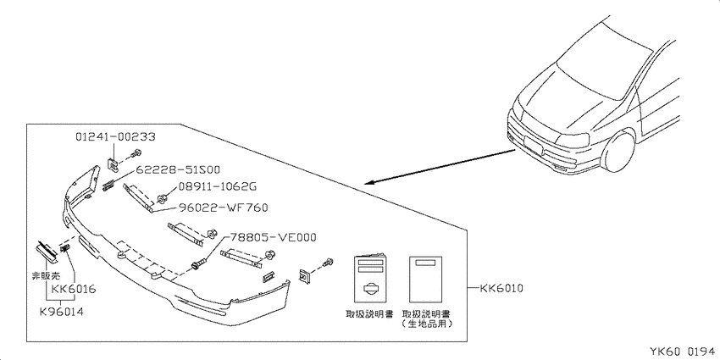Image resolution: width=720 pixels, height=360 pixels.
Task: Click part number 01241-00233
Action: [115, 136]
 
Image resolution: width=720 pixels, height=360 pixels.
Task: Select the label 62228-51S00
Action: [177, 169]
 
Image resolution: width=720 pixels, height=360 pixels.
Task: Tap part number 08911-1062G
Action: [215, 187]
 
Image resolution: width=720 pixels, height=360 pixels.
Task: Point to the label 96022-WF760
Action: [221, 208]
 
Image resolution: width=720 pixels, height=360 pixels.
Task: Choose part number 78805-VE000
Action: [273, 237]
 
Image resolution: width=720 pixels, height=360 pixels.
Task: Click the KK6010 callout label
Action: [501, 289]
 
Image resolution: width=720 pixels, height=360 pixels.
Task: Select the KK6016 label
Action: [74, 290]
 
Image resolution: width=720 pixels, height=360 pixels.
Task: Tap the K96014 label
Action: [61, 312]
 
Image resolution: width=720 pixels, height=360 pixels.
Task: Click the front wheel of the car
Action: [619, 148]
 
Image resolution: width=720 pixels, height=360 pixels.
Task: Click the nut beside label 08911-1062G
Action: [162, 200]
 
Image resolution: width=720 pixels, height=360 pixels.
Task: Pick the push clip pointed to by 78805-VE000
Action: [197, 266]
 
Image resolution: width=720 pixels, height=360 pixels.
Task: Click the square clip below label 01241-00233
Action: [113, 163]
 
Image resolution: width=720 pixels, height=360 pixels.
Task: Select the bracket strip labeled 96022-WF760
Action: [138, 197]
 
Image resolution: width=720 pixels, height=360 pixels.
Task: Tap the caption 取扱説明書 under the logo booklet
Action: [369, 314]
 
